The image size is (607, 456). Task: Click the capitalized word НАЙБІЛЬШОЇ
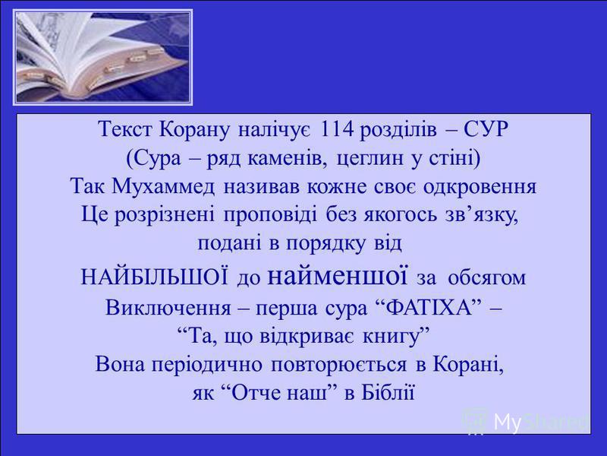click(155, 274)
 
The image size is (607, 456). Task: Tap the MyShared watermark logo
click(527, 420)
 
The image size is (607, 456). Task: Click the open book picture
click(103, 57)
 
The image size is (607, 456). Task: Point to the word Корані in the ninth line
click(468, 364)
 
